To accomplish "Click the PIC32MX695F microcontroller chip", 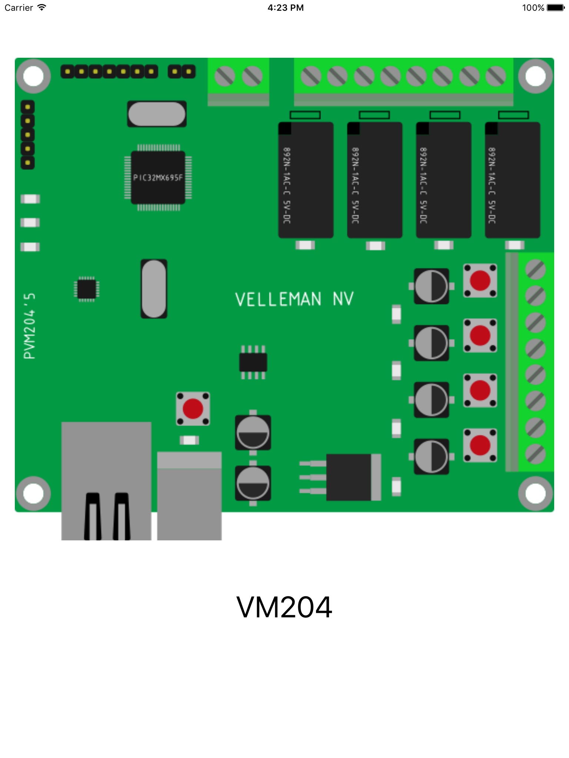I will pos(158,178).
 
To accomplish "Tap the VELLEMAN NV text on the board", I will pos(294,299).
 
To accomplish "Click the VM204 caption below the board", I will pos(284,607).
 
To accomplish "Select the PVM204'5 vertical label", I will pos(30,326).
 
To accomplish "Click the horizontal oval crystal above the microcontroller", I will pos(157,114).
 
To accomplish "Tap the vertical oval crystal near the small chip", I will pos(154,289).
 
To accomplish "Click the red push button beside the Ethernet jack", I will pos(193,409).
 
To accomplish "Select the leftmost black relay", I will pos(306,180).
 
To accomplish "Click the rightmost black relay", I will pos(512,180).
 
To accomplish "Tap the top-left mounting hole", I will pos(33,76).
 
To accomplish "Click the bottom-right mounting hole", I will pos(535,493).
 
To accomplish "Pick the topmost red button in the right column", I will pos(480,281).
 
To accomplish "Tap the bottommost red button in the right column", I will pos(480,445).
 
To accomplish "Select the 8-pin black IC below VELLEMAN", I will pos(253,362).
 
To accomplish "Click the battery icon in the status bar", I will pos(555,8).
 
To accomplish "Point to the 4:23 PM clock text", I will pos(285,8).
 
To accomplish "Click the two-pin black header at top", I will pos(182,71).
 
